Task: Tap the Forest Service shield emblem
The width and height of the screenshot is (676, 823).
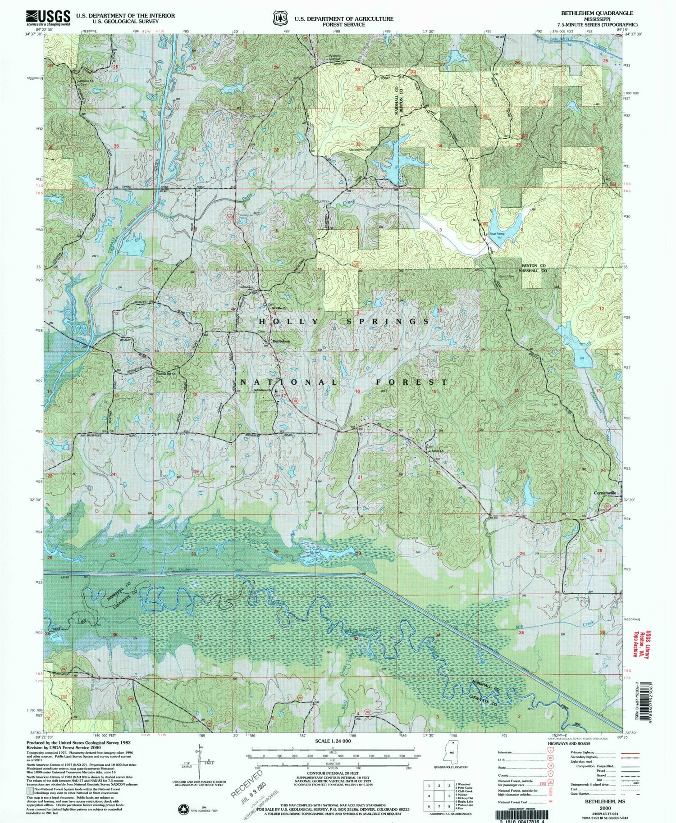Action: pyautogui.click(x=281, y=18)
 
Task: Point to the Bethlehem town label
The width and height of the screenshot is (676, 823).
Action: pyautogui.click(x=281, y=341)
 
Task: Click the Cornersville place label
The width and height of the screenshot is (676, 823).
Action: pyautogui.click(x=605, y=493)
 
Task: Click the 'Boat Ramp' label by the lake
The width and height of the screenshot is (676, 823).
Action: pyautogui.click(x=497, y=234)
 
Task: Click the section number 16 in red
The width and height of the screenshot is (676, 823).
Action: pyautogui.click(x=357, y=391)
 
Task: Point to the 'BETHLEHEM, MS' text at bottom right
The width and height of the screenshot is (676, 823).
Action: pyautogui.click(x=602, y=801)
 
